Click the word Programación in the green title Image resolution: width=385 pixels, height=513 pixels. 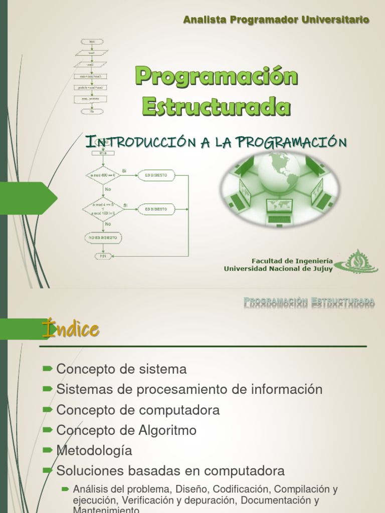(217, 76)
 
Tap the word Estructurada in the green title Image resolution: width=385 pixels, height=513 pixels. (217, 106)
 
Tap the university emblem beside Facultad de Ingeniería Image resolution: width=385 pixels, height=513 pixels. (357, 262)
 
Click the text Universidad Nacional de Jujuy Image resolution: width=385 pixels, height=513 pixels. (278, 269)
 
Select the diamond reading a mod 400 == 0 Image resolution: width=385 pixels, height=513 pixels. (103, 175)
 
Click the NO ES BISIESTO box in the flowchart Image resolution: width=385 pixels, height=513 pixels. (103, 237)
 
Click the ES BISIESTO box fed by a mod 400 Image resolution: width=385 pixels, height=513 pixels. (156, 175)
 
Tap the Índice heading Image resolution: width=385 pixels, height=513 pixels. (71, 329)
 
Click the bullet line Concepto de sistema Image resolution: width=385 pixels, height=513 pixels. (121, 369)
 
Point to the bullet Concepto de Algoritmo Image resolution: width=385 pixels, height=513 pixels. (126, 430)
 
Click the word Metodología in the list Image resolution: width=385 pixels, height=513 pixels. (94, 451)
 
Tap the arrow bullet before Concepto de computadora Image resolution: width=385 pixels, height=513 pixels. (48, 410)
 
